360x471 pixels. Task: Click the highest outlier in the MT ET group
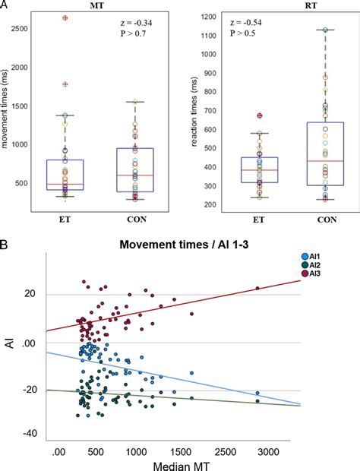[65, 17]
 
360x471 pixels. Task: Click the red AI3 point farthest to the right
[257, 288]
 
